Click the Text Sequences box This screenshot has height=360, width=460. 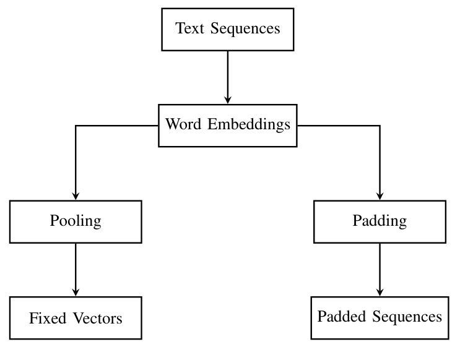(x=227, y=29)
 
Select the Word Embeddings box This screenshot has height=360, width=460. (x=227, y=125)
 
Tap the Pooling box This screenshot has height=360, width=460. (x=76, y=221)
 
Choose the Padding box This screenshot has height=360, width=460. (x=379, y=221)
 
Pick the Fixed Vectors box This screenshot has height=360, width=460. (x=76, y=318)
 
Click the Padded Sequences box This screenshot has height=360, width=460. (x=379, y=317)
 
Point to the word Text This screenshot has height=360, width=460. (x=189, y=28)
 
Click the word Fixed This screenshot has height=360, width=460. (x=46, y=319)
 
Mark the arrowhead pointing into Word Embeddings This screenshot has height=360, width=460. (x=227, y=99)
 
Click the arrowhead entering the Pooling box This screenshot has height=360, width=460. (x=76, y=195)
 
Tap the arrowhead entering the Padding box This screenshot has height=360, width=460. (x=379, y=195)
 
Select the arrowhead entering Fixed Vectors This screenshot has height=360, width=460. (x=76, y=292)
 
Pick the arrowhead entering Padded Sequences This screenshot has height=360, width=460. (x=379, y=291)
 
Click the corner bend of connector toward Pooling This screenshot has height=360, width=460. (x=76, y=126)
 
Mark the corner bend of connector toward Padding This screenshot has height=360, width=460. (x=379, y=126)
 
